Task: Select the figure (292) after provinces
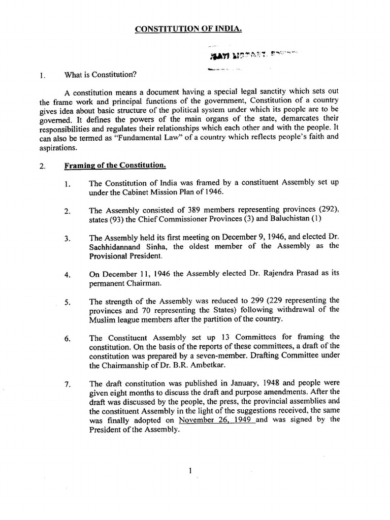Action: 326,210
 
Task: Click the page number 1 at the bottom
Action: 189,471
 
